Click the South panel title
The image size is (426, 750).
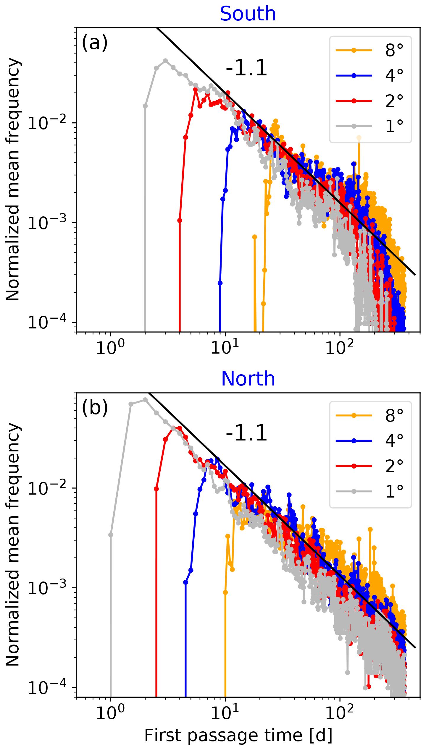(x=248, y=14)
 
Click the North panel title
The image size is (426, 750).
(x=248, y=379)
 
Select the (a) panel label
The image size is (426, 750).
(x=95, y=43)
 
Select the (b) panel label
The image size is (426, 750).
(x=95, y=408)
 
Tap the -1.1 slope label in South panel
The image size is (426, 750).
(x=246, y=68)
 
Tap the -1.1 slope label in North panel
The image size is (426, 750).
(x=246, y=433)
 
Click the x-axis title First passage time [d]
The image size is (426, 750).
(x=238, y=735)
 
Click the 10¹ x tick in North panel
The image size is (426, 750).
(x=225, y=712)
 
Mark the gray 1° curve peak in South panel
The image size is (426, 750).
(x=165, y=61)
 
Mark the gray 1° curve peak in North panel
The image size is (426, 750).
(x=145, y=400)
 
